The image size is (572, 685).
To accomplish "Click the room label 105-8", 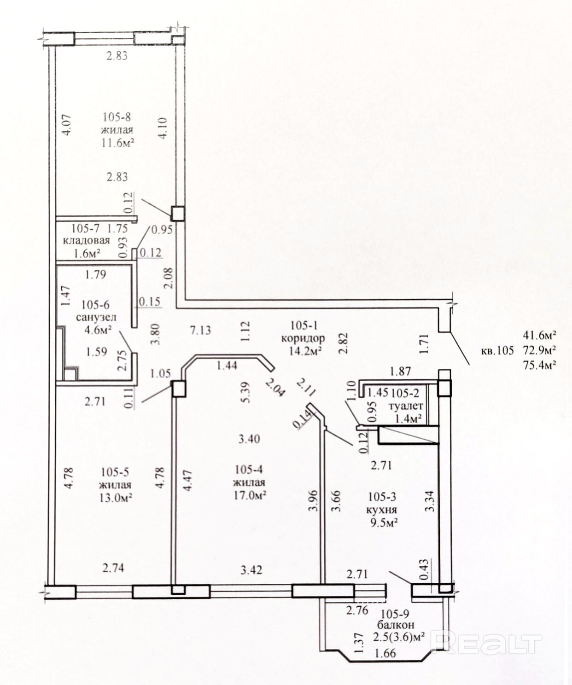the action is pyautogui.click(x=117, y=117).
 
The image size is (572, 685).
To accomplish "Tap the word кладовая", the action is pyautogui.click(x=86, y=241).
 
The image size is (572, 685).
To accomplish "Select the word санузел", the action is pyautogui.click(x=96, y=318).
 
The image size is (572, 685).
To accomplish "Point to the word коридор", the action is pyautogui.click(x=303, y=338).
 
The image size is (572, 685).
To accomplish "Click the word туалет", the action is pyautogui.click(x=406, y=406).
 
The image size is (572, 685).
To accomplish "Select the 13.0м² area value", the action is pyautogui.click(x=116, y=498).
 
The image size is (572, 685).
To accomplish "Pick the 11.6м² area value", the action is pyautogui.click(x=118, y=143).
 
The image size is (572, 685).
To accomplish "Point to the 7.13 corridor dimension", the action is pyautogui.click(x=200, y=330).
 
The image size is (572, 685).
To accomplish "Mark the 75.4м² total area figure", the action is pyautogui.click(x=539, y=365).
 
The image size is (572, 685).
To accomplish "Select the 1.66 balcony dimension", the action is pyautogui.click(x=385, y=653).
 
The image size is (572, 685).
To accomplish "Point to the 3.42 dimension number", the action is pyautogui.click(x=251, y=570).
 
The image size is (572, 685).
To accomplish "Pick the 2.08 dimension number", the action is pyautogui.click(x=168, y=278).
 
